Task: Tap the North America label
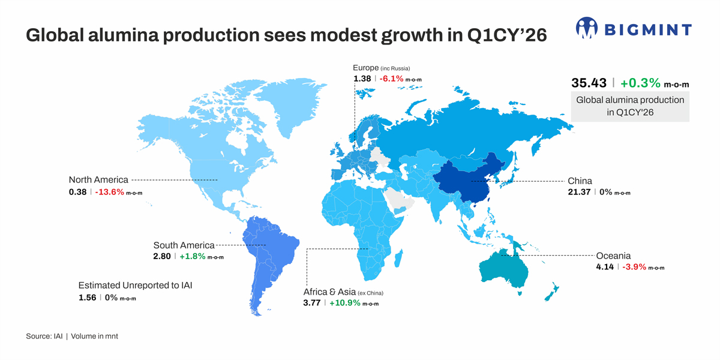click(98, 180)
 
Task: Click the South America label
click(184, 245)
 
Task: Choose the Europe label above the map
click(365, 68)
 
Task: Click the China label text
click(580, 181)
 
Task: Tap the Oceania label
click(613, 256)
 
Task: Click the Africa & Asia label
click(329, 292)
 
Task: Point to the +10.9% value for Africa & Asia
click(345, 303)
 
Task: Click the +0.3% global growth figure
click(641, 83)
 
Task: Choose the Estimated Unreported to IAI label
click(136, 286)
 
